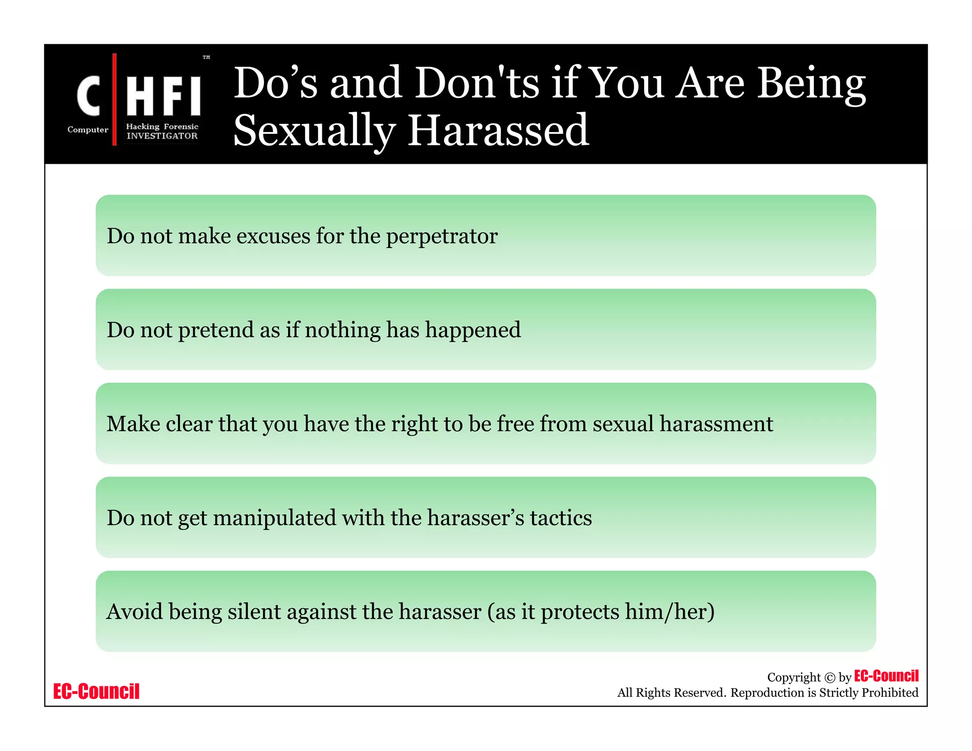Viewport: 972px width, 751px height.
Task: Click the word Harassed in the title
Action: click(498, 131)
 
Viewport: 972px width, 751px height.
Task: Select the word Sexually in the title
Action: click(314, 131)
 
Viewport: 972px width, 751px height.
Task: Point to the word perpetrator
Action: click(442, 236)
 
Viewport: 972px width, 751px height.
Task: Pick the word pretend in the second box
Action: click(216, 330)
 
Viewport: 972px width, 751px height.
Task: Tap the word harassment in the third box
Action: click(716, 423)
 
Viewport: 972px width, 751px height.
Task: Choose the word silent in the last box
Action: click(254, 611)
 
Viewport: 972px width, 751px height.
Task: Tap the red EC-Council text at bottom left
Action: click(96, 691)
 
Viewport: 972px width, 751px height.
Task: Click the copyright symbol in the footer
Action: click(830, 678)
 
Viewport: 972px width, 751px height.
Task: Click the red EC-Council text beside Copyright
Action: click(886, 676)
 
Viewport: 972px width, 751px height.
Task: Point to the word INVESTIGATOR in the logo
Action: click(162, 136)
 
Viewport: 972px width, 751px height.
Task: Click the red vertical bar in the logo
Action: click(114, 99)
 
